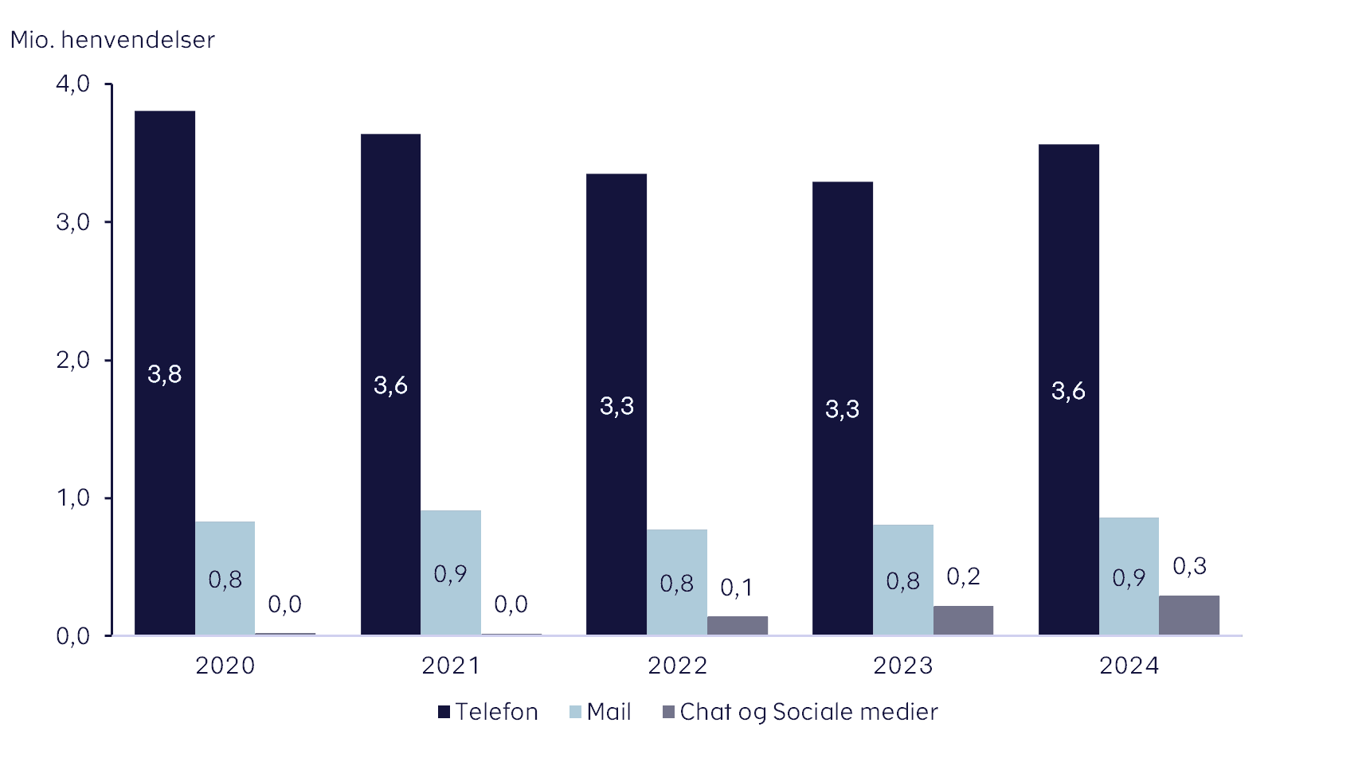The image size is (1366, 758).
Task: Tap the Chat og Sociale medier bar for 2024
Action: (1189, 615)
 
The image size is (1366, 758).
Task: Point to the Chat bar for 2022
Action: (738, 625)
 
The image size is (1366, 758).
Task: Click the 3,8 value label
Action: (165, 373)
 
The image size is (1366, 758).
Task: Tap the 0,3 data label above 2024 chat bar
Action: (1189, 566)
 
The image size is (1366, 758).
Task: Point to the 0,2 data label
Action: (963, 576)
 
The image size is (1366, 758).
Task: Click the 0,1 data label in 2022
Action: (737, 588)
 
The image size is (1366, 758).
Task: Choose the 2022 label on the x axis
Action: (678, 666)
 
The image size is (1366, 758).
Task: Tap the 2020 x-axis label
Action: (225, 666)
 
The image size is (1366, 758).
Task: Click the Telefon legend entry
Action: (488, 712)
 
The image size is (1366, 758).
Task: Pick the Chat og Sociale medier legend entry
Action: (800, 712)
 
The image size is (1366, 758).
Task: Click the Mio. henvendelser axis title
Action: (112, 39)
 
